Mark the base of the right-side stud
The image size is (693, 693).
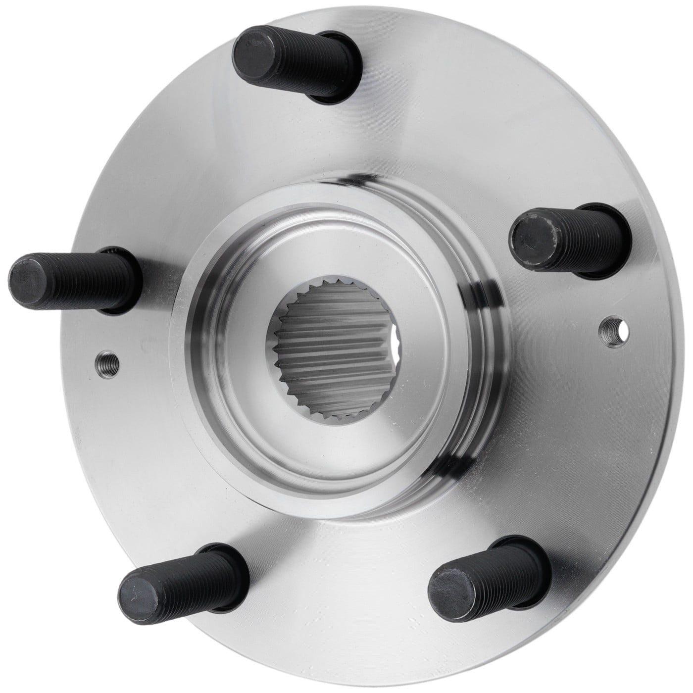(619, 238)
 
